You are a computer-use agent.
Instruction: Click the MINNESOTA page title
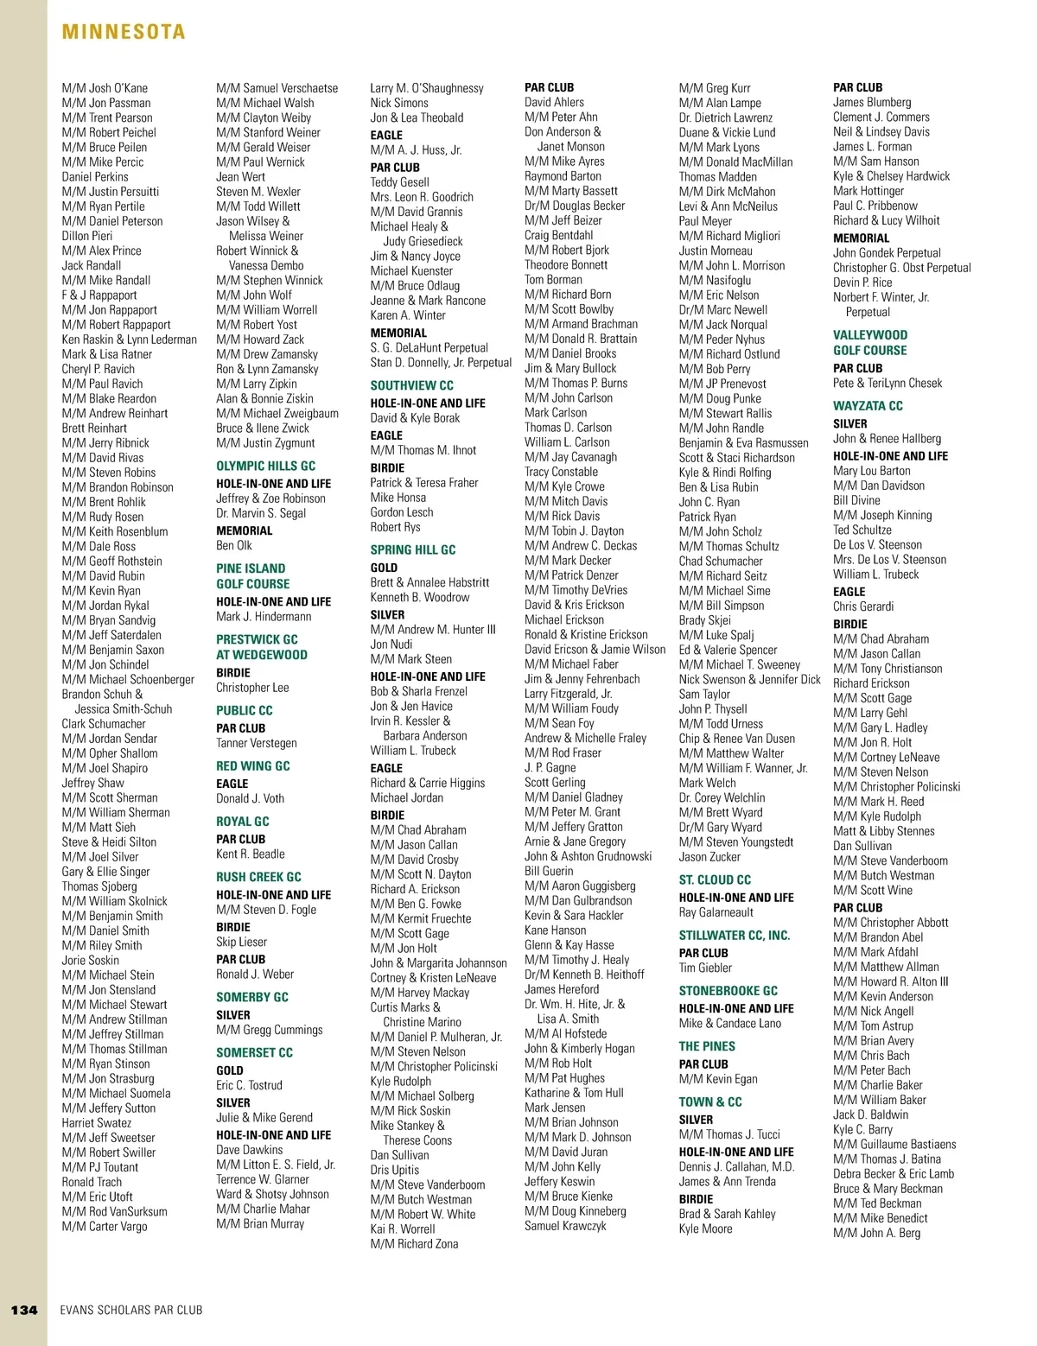(124, 32)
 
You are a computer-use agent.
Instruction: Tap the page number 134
(24, 1310)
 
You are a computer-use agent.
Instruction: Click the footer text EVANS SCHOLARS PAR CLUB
(131, 1310)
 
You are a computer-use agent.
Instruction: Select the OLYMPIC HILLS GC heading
(265, 466)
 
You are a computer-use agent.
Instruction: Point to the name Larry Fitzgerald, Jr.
(568, 694)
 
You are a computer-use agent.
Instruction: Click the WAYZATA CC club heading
(868, 406)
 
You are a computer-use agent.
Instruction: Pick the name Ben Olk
(234, 546)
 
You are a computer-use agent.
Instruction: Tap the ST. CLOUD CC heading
(715, 880)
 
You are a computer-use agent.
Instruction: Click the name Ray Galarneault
(716, 912)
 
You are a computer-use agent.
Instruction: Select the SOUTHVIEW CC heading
(411, 385)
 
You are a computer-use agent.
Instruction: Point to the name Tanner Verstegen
(256, 743)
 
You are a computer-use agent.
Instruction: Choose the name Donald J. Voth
(250, 798)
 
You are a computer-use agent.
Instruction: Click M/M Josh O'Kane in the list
(105, 88)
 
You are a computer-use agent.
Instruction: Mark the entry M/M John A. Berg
(876, 1233)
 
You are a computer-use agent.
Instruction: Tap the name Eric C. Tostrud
(249, 1085)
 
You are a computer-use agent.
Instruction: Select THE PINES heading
(707, 1046)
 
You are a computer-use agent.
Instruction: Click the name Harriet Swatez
(97, 1123)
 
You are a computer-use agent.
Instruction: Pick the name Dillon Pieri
(87, 236)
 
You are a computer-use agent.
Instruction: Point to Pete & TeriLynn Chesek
(887, 383)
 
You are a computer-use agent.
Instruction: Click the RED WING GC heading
(252, 766)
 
